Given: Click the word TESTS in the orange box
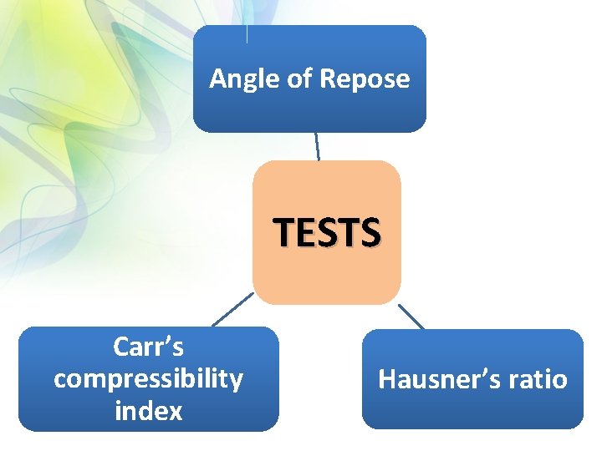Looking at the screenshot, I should (x=327, y=231).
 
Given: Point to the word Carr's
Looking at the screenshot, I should (x=148, y=347).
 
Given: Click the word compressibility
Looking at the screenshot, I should (x=148, y=378).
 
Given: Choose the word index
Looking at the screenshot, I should (x=148, y=410).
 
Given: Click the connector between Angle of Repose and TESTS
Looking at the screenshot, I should (x=317, y=146).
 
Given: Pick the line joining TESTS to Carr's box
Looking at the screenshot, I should (x=232, y=309).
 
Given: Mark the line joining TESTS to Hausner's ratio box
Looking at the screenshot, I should (x=411, y=316).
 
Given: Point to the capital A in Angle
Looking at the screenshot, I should (x=217, y=79).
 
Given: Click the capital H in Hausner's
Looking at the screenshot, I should (x=387, y=380).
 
